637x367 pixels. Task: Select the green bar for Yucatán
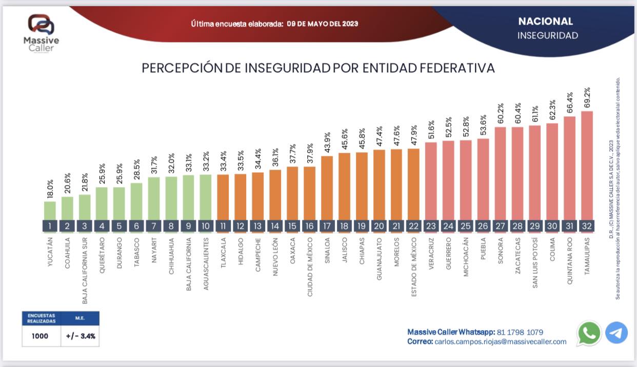pyautogui.click(x=50, y=210)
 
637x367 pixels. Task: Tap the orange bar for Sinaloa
pyautogui.click(x=327, y=188)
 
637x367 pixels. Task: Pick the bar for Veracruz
pyautogui.click(x=431, y=180)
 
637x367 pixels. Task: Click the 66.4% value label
pyautogui.click(x=570, y=103)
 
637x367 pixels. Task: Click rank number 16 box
pyautogui.click(x=309, y=226)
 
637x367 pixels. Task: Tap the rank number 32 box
pyautogui.click(x=587, y=226)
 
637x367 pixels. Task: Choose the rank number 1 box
pyautogui.click(x=50, y=226)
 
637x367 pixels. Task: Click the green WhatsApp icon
pyautogui.click(x=589, y=333)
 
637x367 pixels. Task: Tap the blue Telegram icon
pyautogui.click(x=616, y=333)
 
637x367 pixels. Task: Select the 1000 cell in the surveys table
pyautogui.click(x=39, y=336)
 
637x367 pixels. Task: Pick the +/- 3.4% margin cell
pyautogui.click(x=81, y=336)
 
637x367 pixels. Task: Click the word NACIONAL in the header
pyautogui.click(x=545, y=22)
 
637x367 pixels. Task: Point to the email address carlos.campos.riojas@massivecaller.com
pyautogui.click(x=500, y=341)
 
